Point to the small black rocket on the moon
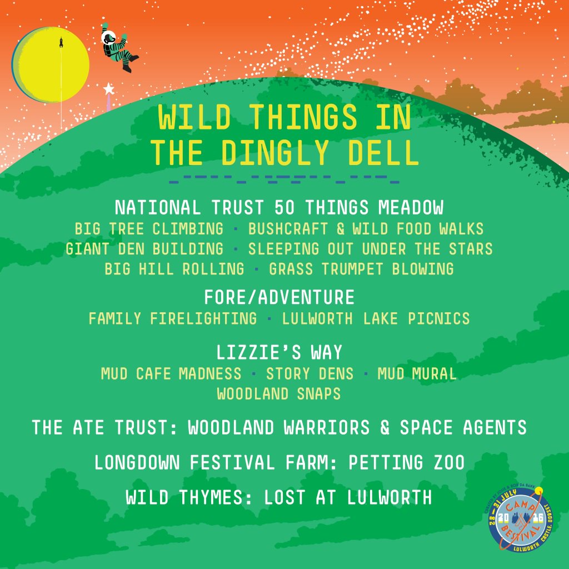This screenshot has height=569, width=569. pos(61,42)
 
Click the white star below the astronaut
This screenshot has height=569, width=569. pos(108,88)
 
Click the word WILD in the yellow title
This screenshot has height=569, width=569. pos(194,117)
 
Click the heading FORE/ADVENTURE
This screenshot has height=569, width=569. pos(279,297)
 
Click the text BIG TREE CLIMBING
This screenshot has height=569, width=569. pos(149,228)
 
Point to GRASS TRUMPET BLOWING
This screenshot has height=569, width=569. pos(361,269)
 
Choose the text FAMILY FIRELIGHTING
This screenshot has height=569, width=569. pos(173,318)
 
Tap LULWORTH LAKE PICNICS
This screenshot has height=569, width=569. pos(376,318)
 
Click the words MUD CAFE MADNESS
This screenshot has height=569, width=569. pos(171,373)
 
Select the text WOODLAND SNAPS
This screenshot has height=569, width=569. pos(279,393)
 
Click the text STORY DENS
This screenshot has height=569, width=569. pos(310,373)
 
